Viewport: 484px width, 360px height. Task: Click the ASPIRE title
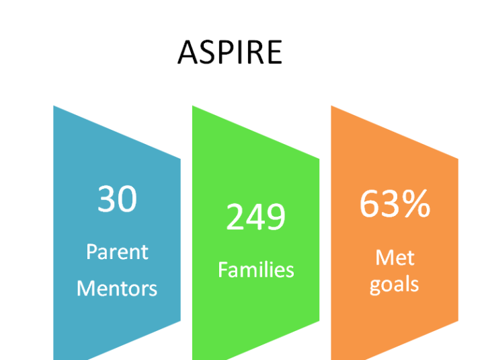pos(230,52)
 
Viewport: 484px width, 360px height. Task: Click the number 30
pos(117,199)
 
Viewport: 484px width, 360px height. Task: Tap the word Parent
pos(117,252)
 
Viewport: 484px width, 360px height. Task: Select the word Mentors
pos(117,288)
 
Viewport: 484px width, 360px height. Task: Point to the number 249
pos(256,217)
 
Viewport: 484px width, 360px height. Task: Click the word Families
pos(256,270)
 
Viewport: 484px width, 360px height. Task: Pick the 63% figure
pos(395,204)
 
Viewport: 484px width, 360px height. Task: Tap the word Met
pos(395,258)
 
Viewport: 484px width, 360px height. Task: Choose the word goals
pos(394,285)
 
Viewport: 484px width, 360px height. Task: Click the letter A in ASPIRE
pos(188,52)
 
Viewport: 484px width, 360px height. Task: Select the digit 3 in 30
pos(106,199)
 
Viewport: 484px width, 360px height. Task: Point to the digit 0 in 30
pos(127,199)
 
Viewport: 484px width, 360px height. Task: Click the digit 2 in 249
pos(235,216)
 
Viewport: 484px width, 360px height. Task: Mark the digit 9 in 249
pos(276,217)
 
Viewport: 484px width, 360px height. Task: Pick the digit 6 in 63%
pos(370,204)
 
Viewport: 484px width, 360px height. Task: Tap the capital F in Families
pos(223,270)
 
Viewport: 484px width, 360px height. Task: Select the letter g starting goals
pos(376,287)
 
